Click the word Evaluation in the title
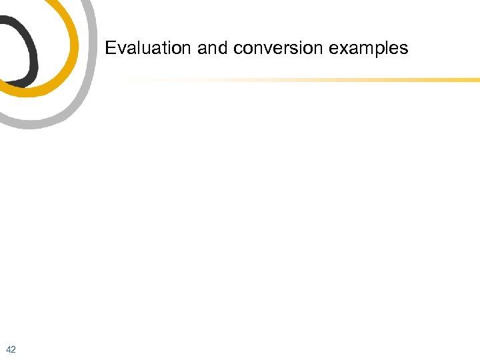[148, 49]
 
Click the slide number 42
[11, 349]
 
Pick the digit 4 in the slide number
[8, 349]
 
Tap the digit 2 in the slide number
[13, 349]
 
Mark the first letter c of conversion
[236, 50]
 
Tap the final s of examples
[404, 50]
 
